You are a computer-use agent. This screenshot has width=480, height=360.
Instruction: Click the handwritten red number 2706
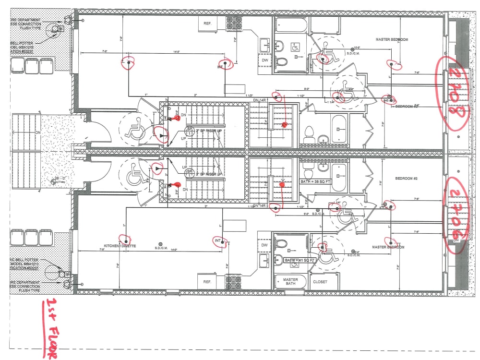pos(454,215)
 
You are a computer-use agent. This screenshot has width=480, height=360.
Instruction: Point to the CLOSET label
pos(320,282)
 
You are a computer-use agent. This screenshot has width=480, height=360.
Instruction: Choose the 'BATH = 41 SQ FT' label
pos(300,260)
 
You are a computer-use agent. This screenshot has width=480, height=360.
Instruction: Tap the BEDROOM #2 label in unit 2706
pos(407,178)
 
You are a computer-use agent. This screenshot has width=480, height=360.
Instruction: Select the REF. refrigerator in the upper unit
pos(208,23)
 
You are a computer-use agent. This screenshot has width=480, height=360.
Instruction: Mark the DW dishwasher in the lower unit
pos(264,245)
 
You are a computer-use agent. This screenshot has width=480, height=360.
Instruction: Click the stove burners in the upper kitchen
pos(235,23)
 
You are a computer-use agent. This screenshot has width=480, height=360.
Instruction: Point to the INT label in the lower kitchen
pos(218,240)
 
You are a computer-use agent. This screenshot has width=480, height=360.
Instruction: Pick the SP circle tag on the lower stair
pos(190,171)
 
